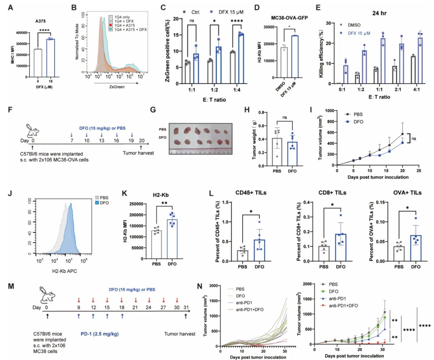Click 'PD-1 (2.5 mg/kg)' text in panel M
(96, 333)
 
